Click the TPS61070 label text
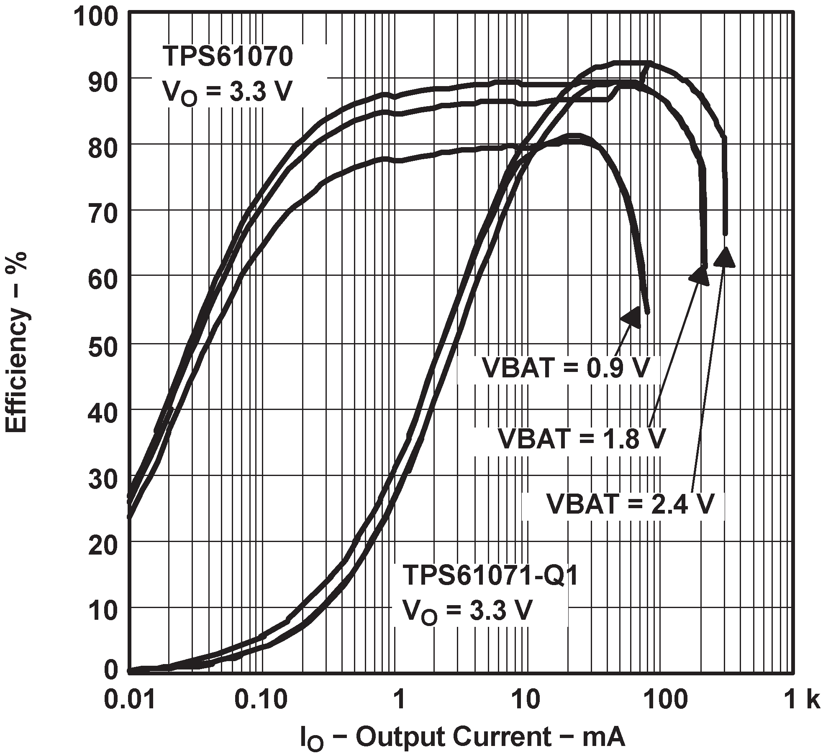click(228, 57)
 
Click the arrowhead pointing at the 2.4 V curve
click(725, 257)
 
